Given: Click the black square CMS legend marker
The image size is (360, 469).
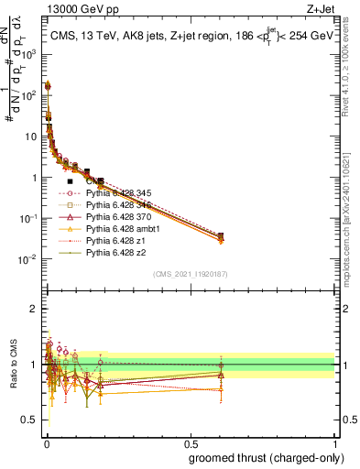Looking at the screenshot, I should pyautogui.click(x=71, y=181).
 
